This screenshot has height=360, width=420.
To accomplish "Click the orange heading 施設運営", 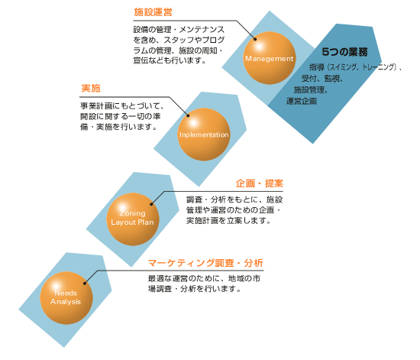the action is point(153,12).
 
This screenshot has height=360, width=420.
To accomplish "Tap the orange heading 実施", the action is point(91,88).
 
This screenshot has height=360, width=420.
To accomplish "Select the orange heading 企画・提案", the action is point(260,183).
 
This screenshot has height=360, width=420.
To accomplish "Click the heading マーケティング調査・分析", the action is point(205,263).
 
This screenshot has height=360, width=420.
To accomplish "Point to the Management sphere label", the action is point(270,59).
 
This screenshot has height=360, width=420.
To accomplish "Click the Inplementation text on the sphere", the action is point(204,135).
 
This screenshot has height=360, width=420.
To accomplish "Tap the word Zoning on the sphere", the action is point(132,213).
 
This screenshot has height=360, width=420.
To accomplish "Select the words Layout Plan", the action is point(132,222).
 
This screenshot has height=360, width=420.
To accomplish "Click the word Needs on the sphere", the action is point(66,293).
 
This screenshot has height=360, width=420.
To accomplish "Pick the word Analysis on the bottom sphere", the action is point(66,302).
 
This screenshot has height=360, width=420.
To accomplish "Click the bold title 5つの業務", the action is point(344,52).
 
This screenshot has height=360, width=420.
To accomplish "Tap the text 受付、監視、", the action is point(322,78).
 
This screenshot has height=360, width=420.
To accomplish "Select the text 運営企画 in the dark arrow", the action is point(302,101).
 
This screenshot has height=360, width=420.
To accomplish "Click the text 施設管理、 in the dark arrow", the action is point(311,89).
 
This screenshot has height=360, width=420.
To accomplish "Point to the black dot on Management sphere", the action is point(255,39).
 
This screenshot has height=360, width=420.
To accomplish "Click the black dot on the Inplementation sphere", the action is point(188,115).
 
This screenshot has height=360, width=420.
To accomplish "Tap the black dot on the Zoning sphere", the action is point(151,204).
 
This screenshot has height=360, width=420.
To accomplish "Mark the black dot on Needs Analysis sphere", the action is point(85,284).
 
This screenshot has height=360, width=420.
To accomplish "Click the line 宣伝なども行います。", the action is point(170,60).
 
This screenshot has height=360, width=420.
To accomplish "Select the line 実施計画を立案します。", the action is point(228,221).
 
